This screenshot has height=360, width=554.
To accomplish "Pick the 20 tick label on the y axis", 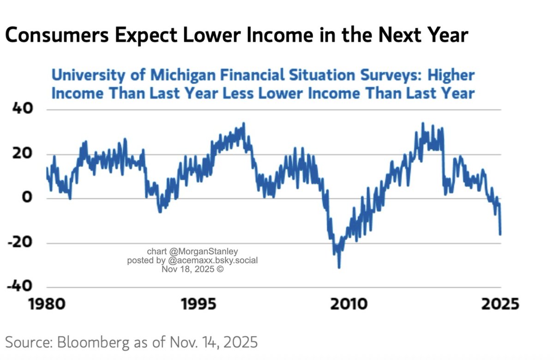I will point(20,154).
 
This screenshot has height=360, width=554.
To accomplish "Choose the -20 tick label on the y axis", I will point(18,243).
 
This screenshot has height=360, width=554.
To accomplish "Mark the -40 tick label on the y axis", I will point(18,287).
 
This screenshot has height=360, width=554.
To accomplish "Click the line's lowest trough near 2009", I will point(339,267).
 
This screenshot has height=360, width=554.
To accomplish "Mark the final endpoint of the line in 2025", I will point(500,234).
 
